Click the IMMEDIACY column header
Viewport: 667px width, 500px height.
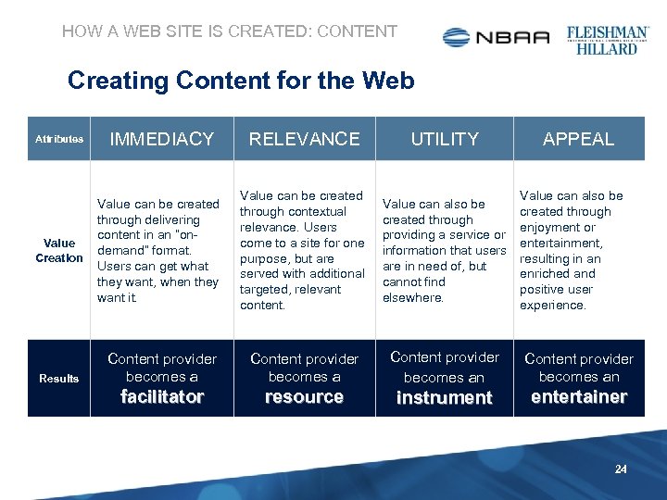pyautogui.click(x=162, y=139)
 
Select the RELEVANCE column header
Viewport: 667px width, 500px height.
pyautogui.click(x=304, y=139)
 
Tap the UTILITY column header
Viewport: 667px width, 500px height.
pyautogui.click(x=445, y=139)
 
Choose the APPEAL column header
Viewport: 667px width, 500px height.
pyautogui.click(x=578, y=140)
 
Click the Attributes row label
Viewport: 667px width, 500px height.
pyautogui.click(x=59, y=140)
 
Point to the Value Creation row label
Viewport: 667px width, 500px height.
pyautogui.click(x=59, y=250)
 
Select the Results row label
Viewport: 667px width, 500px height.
pyautogui.click(x=59, y=378)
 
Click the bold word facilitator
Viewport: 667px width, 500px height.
pyautogui.click(x=162, y=397)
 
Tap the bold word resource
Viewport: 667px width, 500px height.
pyautogui.click(x=304, y=397)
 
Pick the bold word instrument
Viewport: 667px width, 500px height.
pyautogui.click(x=445, y=398)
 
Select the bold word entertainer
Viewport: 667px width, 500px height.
pyautogui.click(x=579, y=397)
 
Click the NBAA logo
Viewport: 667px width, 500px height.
pyautogui.click(x=497, y=37)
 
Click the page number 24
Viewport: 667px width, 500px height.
pyautogui.click(x=621, y=469)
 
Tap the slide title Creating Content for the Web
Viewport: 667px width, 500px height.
pyautogui.click(x=241, y=81)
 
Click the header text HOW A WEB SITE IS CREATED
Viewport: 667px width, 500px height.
pyautogui.click(x=229, y=31)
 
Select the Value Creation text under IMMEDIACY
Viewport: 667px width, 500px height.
pyautogui.click(x=158, y=250)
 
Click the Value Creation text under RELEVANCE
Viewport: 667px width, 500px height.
pyautogui.click(x=302, y=250)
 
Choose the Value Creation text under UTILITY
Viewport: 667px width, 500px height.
pyautogui.click(x=444, y=250)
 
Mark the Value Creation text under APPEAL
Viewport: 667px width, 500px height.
pyautogui.click(x=572, y=250)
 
